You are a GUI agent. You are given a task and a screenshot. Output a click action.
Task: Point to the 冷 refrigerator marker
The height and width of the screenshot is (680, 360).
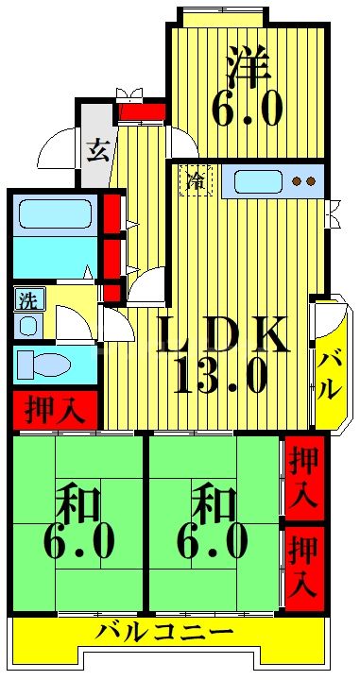(x=196, y=179)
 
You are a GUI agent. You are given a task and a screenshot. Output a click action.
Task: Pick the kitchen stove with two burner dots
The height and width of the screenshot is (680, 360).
(x=303, y=180)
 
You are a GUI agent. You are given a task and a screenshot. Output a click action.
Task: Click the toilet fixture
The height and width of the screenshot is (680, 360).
(x=38, y=364)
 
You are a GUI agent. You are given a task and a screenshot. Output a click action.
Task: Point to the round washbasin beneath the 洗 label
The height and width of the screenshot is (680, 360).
(x=27, y=326)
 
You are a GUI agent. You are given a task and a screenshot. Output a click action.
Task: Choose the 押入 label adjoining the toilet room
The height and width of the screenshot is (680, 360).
(x=54, y=410)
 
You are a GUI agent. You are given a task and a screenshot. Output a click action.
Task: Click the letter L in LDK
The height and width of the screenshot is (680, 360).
(x=174, y=335)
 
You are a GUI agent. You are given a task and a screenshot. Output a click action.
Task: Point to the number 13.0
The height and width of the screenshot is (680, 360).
(x=220, y=378)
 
